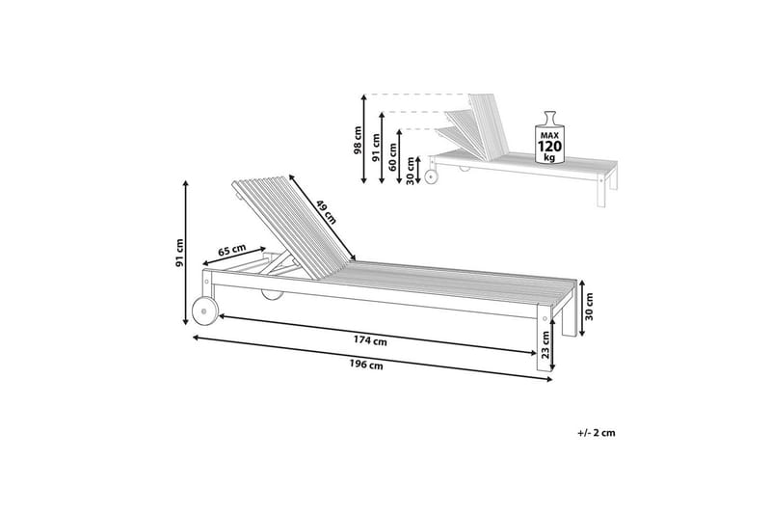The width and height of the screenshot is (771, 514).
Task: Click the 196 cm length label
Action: click(x=366, y=365)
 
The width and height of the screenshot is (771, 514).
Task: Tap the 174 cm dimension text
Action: click(x=370, y=340)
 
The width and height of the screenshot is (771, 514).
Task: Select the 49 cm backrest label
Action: click(x=326, y=211)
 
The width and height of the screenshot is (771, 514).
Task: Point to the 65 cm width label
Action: click(x=231, y=250)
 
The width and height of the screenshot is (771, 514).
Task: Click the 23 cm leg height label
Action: click(x=545, y=345)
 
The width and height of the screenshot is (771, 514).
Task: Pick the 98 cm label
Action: click(x=358, y=140)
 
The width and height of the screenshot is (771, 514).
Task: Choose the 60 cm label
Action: click(x=392, y=156)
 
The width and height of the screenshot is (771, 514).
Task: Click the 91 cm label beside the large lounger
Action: click(x=179, y=254)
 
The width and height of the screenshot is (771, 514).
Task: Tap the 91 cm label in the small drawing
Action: click(x=376, y=148)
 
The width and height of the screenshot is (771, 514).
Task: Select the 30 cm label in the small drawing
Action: click(x=411, y=171)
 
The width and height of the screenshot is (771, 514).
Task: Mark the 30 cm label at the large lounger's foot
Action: click(x=589, y=307)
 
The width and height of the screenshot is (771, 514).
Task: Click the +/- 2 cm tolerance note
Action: click(x=597, y=433)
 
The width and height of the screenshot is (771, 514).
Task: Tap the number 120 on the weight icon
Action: click(x=549, y=147)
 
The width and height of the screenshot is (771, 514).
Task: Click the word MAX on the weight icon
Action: click(x=549, y=135)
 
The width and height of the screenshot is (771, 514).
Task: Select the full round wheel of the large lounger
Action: click(x=204, y=311)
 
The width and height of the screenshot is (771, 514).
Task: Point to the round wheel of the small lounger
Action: click(x=431, y=177)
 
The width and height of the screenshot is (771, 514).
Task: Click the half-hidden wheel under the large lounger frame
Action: click(x=272, y=294)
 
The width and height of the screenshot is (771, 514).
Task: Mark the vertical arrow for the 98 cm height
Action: click(x=364, y=139)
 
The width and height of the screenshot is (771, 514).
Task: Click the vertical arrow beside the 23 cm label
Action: click(x=552, y=343)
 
